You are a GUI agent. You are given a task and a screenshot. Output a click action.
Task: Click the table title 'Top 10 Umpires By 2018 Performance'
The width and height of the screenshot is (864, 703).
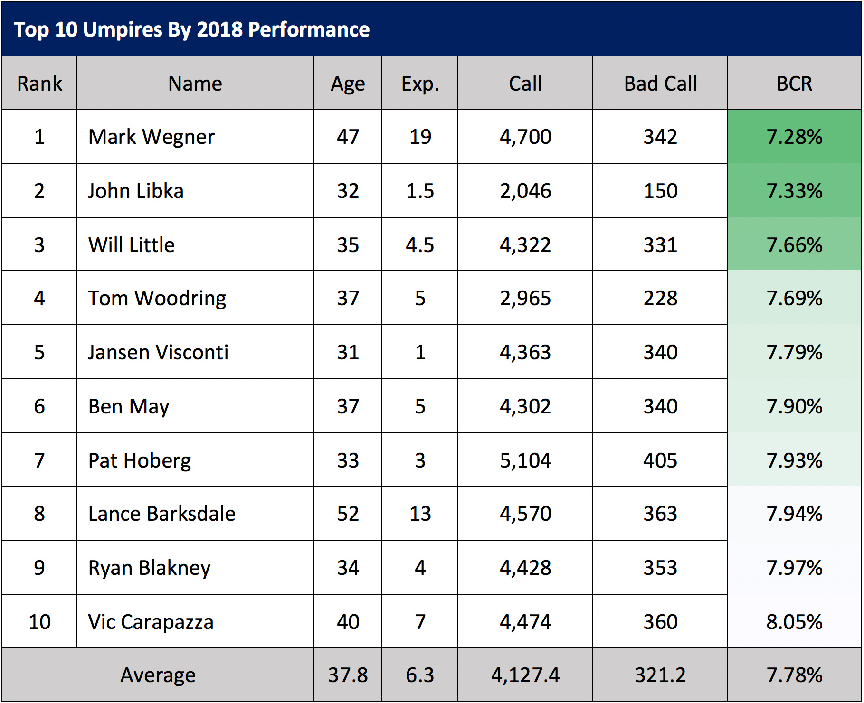(191, 29)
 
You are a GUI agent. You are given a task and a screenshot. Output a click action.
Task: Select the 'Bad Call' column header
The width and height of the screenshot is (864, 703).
(660, 84)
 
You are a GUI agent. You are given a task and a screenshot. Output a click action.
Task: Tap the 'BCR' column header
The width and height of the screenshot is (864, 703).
(794, 84)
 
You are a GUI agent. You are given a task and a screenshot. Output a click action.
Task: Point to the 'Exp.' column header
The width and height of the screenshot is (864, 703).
(420, 84)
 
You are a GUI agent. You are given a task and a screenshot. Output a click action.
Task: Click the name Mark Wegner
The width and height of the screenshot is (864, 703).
(152, 137)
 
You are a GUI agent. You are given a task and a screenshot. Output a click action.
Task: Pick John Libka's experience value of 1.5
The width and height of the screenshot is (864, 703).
(420, 191)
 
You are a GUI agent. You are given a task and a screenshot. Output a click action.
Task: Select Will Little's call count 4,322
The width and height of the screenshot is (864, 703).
(525, 245)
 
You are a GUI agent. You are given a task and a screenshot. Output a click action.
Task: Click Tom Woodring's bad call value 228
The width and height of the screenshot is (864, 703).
(660, 298)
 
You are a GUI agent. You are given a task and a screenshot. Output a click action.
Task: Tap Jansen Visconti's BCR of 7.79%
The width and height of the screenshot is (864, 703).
(794, 352)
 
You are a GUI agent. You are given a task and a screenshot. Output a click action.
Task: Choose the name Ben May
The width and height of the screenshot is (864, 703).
(129, 406)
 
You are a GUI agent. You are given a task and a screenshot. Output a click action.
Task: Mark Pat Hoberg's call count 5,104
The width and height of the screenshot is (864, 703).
(525, 460)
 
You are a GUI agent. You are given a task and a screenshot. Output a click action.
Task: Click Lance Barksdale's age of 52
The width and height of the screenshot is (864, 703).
(348, 514)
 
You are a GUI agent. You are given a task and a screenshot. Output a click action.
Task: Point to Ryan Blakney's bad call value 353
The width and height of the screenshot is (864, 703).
(660, 568)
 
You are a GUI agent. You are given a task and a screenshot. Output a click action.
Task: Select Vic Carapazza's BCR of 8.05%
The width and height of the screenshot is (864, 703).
(794, 622)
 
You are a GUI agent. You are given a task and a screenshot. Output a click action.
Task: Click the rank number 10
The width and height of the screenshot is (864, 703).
(39, 622)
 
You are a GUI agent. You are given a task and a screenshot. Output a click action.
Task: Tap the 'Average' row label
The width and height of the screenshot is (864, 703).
(158, 675)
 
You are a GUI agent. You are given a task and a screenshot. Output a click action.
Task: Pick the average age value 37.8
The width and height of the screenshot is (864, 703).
(348, 675)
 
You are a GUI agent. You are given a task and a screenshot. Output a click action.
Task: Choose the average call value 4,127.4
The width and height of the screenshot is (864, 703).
(525, 675)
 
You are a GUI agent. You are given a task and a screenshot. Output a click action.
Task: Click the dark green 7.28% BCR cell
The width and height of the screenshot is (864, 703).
(794, 137)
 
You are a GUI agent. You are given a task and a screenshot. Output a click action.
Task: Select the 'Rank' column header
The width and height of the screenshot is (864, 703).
(39, 84)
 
